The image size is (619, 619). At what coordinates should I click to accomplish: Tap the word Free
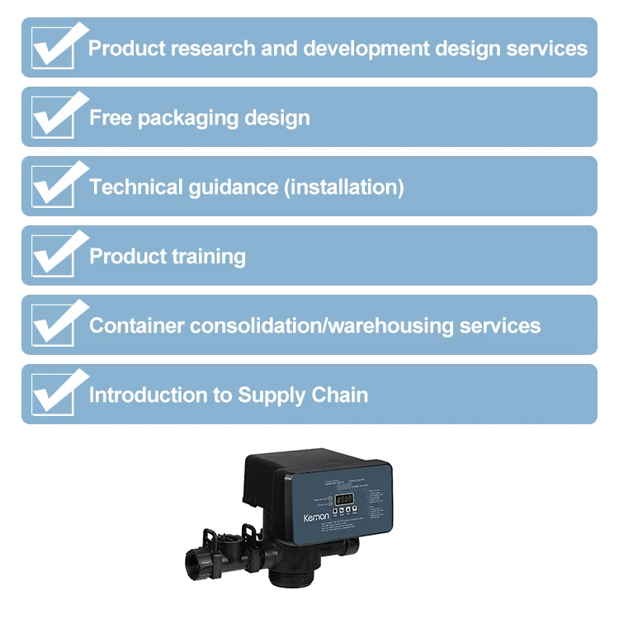111,117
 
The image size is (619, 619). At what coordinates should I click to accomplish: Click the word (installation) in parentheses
343,187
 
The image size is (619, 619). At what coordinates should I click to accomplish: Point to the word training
208,257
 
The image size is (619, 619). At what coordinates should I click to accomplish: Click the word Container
136,325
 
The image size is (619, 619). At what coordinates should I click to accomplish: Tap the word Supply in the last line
271,395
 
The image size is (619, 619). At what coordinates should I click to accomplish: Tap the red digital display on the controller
344,499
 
